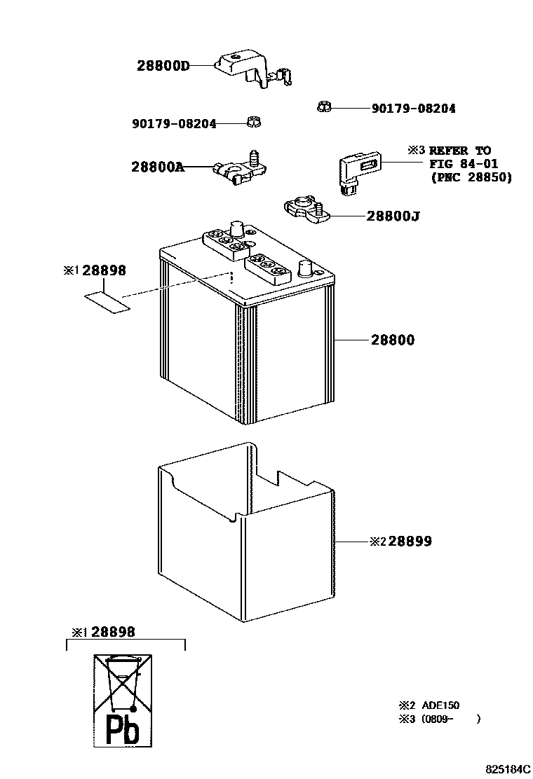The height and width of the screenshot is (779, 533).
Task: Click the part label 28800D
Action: (163, 66)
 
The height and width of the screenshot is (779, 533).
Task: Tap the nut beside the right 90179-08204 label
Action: (323, 107)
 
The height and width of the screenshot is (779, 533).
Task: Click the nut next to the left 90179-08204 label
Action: (253, 123)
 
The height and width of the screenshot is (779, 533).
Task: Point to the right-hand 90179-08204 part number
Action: (413, 109)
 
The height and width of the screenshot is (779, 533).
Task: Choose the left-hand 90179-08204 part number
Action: (173, 124)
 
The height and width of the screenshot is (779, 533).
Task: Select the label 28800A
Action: (157, 167)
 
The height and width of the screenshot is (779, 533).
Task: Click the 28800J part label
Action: (393, 216)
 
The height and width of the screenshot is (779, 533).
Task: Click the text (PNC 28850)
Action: (471, 178)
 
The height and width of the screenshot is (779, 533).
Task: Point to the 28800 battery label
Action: (393, 340)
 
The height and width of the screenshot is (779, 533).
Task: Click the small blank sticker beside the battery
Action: (107, 302)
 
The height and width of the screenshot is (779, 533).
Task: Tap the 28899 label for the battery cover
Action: (410, 542)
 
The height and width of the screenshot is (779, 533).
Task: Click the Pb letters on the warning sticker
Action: (122, 729)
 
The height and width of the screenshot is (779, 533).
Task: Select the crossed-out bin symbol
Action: (123, 683)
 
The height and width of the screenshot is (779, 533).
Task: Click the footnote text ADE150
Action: (440, 706)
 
